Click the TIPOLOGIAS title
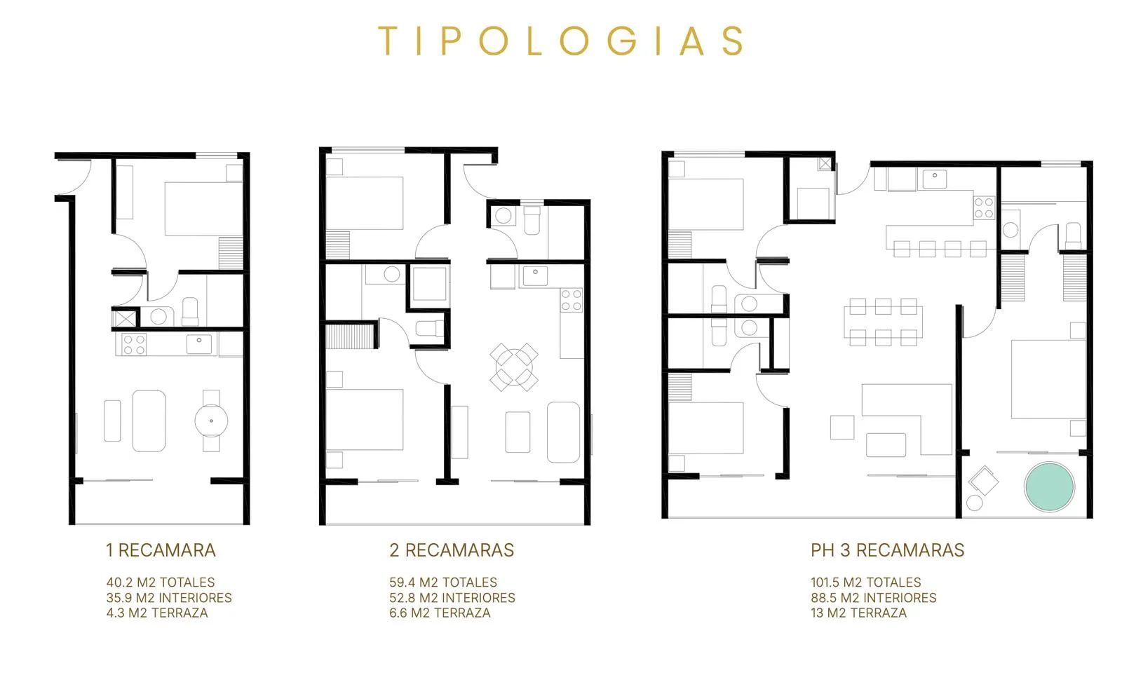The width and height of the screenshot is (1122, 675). click(x=561, y=41)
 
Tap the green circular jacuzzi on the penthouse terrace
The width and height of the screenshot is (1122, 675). click(x=1049, y=486)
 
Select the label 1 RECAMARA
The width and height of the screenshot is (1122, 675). click(x=161, y=550)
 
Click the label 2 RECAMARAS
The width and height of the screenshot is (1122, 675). click(x=452, y=550)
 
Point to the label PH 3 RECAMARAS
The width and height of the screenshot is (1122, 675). click(x=888, y=550)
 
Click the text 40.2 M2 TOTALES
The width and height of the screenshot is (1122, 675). click(x=161, y=582)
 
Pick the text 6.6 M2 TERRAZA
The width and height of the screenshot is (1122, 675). click(x=440, y=613)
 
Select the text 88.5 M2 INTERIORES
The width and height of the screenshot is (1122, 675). click(x=874, y=598)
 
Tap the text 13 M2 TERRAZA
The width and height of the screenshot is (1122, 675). click(x=858, y=613)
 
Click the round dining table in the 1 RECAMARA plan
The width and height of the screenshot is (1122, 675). click(x=211, y=421)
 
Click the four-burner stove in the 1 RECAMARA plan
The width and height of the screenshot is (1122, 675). click(x=134, y=345)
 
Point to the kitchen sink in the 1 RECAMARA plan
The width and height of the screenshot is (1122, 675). click(x=199, y=345)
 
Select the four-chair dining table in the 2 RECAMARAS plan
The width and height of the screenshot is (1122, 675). click(x=514, y=367)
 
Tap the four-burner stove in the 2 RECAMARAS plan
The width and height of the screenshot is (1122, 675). click(x=572, y=300)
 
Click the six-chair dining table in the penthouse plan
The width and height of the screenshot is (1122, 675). click(x=883, y=322)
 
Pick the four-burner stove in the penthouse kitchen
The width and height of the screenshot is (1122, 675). click(x=984, y=207)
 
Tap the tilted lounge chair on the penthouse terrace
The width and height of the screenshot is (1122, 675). click(x=983, y=481)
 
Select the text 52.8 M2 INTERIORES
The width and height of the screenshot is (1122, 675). click(x=452, y=598)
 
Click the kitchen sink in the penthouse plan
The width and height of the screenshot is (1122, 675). click(x=934, y=179)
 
